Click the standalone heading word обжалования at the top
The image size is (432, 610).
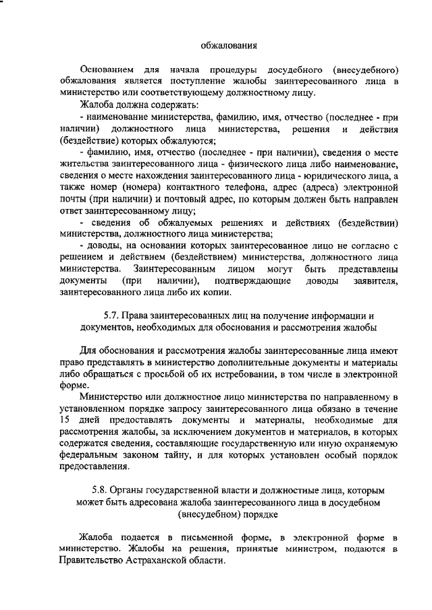[x=229, y=46]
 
